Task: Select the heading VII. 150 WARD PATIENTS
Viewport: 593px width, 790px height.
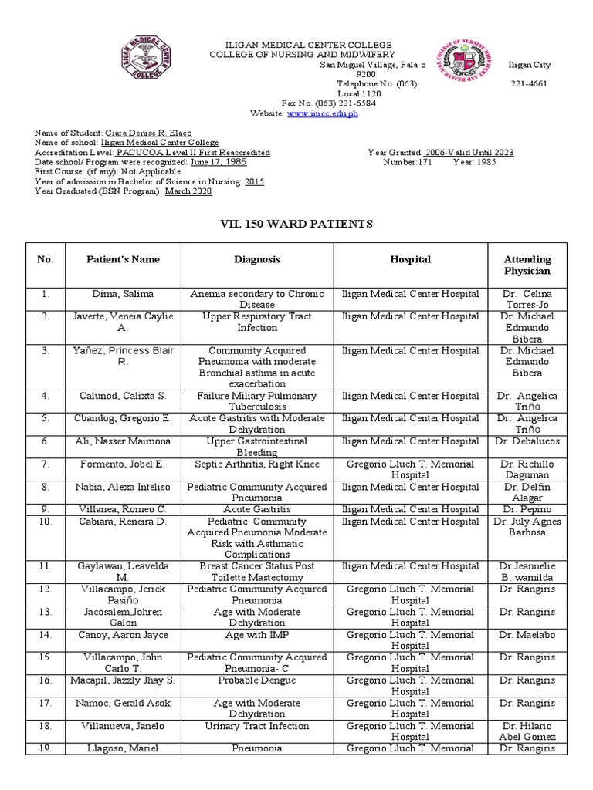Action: coord(296,224)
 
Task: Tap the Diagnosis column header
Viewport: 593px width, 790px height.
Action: coord(257,260)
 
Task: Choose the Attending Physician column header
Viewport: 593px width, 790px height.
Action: coord(527,265)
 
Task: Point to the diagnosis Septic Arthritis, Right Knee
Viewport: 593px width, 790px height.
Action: coord(257,464)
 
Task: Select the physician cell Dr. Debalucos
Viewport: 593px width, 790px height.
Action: coord(527,441)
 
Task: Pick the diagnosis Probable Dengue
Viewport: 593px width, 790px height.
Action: coord(257,680)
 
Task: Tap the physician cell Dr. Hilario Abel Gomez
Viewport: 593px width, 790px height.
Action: coord(527,731)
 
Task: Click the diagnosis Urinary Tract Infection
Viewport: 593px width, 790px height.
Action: coord(257,726)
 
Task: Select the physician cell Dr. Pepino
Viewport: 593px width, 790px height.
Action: coord(527,509)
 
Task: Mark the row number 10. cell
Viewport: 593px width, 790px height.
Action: coord(46,522)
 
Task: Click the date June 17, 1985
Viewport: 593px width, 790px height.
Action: coord(219,163)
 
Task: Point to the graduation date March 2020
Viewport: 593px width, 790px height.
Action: coord(188,191)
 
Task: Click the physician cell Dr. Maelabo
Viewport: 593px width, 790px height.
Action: coord(527,635)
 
